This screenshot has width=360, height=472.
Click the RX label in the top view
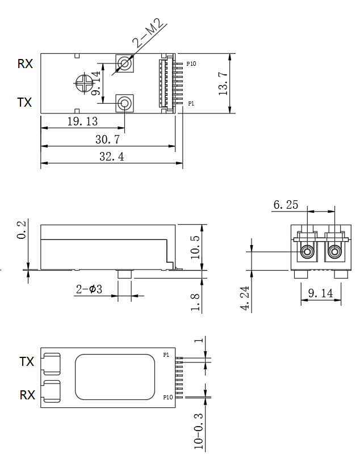pos(25,64)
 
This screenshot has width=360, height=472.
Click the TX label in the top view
pos(24,103)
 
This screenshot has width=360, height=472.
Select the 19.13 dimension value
pos(82,122)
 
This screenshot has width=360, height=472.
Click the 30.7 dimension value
pos(107,140)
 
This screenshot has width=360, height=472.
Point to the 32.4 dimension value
pos(111,157)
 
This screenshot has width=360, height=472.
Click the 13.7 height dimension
pos(224,84)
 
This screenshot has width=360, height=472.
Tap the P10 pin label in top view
pos(191,64)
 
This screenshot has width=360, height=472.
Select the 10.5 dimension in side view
pos(196,247)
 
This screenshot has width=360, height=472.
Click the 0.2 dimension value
pos(22,230)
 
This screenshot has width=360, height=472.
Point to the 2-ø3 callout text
pos(89,290)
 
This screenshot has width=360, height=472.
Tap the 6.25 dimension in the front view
pos(286,205)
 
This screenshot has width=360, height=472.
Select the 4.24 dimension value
pos(245,298)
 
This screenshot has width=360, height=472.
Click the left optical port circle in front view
pos(308,251)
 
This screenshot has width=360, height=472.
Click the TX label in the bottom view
pos(27,361)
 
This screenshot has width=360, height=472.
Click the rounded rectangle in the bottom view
pos(115,377)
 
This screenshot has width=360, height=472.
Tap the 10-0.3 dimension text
pos(199,431)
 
